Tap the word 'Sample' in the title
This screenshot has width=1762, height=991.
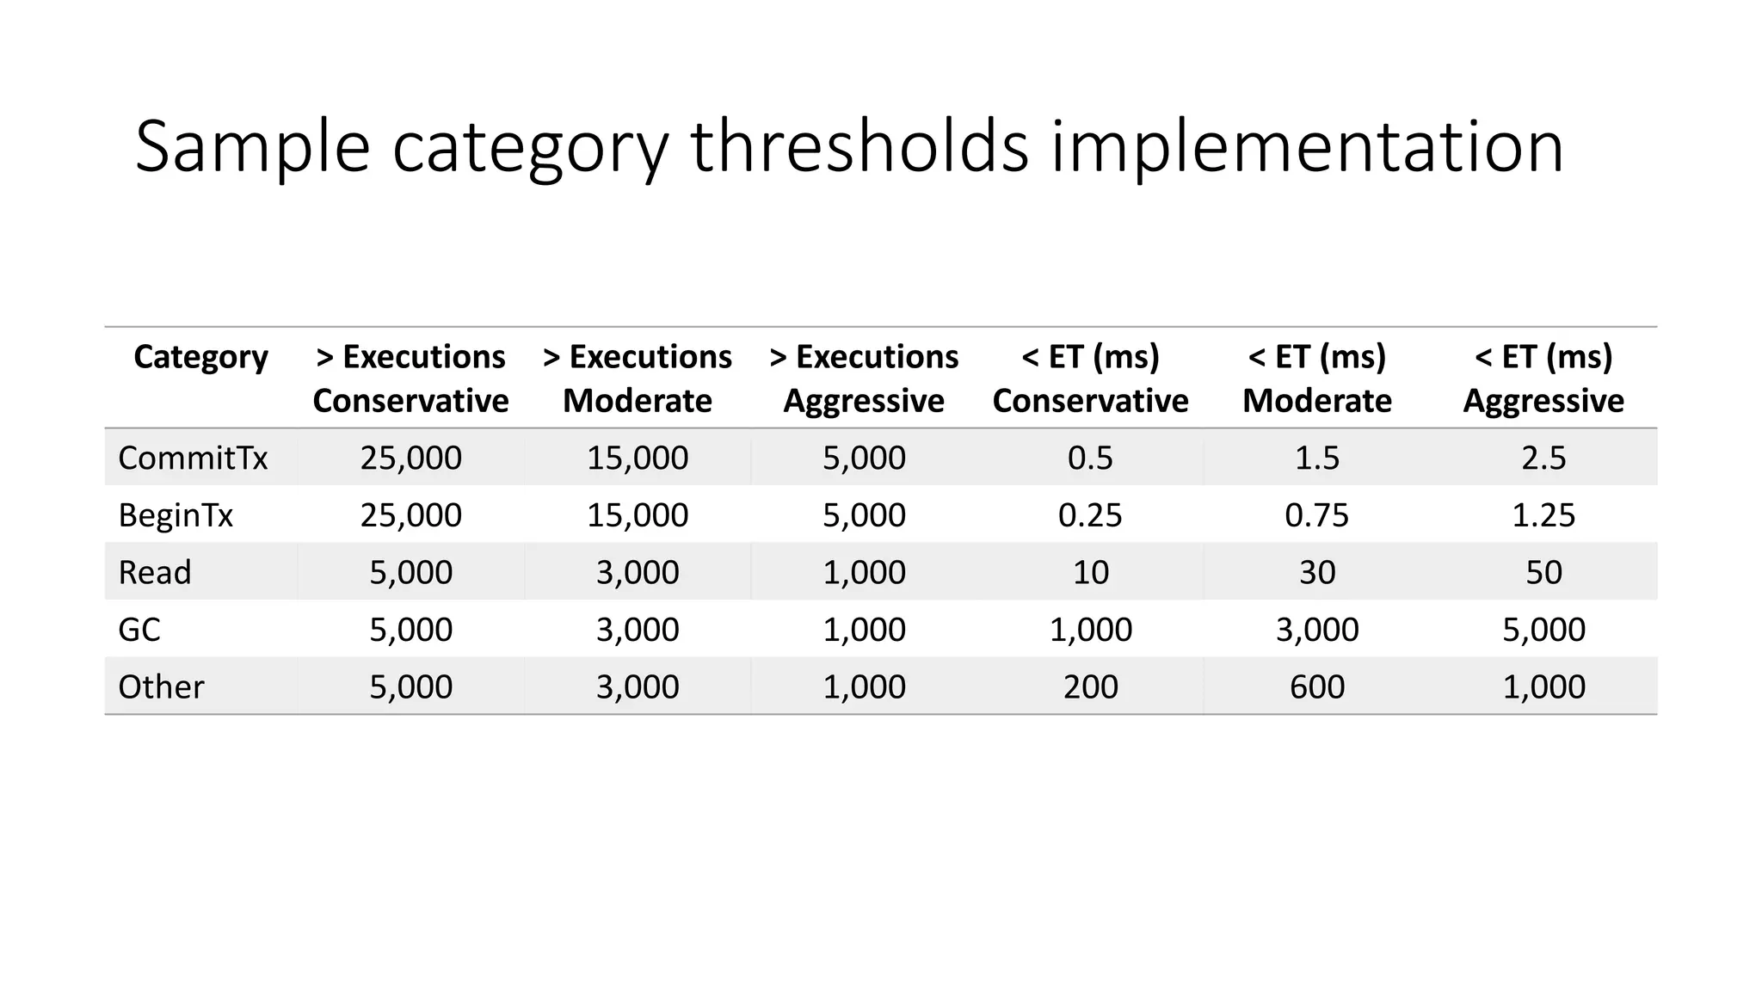coord(252,148)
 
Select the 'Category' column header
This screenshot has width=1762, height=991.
coord(200,357)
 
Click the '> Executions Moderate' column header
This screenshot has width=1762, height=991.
coord(638,379)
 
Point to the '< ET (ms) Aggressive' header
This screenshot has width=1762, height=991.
coord(1543,379)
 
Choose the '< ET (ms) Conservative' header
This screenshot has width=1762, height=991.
coord(1090,379)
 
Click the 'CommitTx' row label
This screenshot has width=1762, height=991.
coord(193,458)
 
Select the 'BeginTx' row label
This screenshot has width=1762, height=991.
coord(176,515)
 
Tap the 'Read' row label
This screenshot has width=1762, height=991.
coord(155,572)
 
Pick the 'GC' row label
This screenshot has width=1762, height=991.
coord(139,630)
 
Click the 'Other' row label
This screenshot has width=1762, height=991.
coord(161,686)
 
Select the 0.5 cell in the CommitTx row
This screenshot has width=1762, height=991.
coord(1090,458)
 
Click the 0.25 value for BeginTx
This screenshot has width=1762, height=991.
coord(1090,515)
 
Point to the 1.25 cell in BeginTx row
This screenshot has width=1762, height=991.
coord(1543,515)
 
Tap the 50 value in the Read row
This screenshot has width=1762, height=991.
coord(1543,572)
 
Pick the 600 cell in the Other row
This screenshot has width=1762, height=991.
coord(1317,686)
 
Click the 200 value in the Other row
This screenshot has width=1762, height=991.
coord(1090,686)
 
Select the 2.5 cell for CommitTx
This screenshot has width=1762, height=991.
coord(1543,458)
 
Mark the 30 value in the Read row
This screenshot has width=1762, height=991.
coord(1317,572)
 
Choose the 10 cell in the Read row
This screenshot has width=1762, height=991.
coord(1090,572)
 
